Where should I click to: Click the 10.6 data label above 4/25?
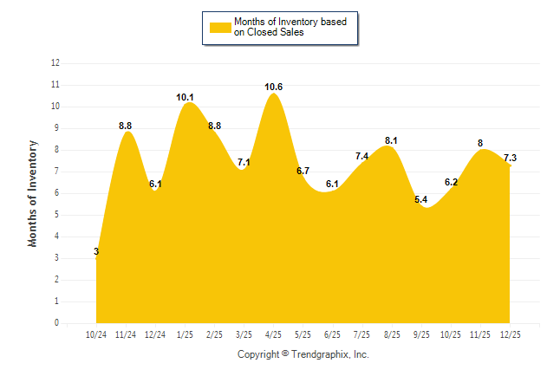coord(274,87)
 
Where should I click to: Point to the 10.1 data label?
coord(186,98)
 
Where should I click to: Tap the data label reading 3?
coord(96,252)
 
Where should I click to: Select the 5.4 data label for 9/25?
coord(421,200)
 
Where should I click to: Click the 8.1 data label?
coord(392,140)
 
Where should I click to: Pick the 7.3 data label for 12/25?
coord(510,158)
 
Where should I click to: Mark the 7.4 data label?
coord(362,156)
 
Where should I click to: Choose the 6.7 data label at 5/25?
coord(303,172)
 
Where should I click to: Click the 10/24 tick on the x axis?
coord(96,334)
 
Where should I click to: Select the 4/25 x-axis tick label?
coord(274,334)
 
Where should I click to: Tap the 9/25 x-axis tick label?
coord(421,334)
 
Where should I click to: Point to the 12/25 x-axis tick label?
coord(510,334)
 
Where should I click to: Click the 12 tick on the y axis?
coord(55,63)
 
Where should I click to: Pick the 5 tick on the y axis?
coord(57,215)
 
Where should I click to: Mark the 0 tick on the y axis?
coord(57,323)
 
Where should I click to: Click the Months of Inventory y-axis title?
coord(33,193)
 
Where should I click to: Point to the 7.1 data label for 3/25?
coord(244,163)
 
